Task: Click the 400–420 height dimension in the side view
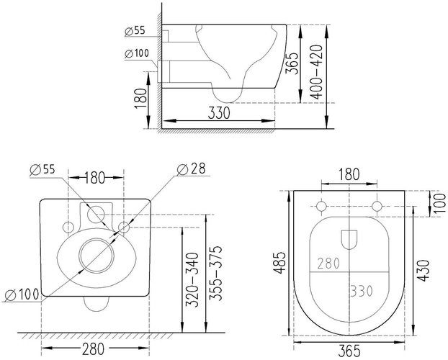click(x=317, y=72)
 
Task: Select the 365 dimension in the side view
click(x=292, y=63)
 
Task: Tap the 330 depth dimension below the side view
click(x=219, y=112)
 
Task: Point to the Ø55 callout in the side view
click(x=135, y=31)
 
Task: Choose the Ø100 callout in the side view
click(x=137, y=54)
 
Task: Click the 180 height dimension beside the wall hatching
click(x=140, y=99)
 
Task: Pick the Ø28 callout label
click(x=191, y=169)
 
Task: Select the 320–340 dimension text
click(x=192, y=279)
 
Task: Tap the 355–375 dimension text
click(x=215, y=273)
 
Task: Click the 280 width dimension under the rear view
click(x=94, y=348)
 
